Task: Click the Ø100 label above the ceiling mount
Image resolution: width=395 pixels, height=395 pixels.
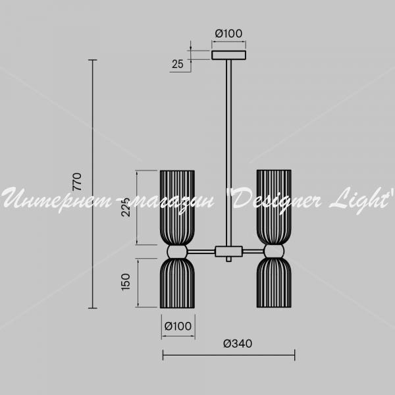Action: tap(228, 34)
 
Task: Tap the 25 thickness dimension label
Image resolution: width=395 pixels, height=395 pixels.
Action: tap(178, 64)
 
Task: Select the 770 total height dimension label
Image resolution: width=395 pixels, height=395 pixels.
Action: tap(77, 182)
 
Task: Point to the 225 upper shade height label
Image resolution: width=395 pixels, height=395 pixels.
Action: tap(126, 207)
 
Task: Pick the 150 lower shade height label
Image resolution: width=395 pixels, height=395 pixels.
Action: tap(126, 282)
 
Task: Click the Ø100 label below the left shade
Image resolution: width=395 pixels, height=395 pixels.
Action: tap(178, 327)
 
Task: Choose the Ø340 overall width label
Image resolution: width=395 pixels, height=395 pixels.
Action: tap(238, 344)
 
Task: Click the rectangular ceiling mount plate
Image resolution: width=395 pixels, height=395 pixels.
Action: tap(228, 55)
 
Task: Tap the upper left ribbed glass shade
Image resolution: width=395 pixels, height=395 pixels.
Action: tap(177, 207)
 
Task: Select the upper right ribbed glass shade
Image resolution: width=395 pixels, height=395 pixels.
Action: tap(274, 207)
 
